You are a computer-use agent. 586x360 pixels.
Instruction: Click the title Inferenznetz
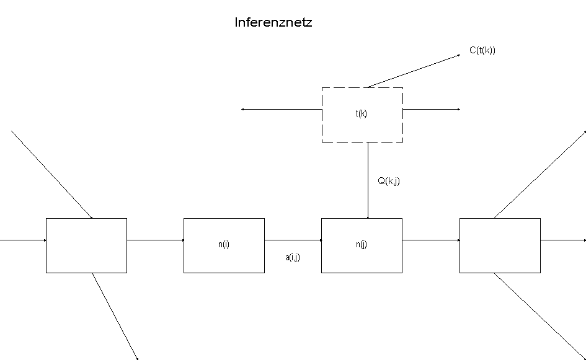(x=273, y=23)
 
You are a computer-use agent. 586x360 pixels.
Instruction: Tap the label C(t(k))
(x=482, y=51)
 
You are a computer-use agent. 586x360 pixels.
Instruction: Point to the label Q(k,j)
(x=389, y=182)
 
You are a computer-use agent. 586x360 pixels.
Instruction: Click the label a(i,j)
(x=293, y=257)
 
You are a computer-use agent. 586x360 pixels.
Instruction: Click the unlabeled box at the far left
(x=86, y=245)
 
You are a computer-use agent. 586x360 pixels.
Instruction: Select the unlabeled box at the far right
(x=500, y=245)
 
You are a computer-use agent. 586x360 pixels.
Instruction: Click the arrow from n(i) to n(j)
(x=293, y=240)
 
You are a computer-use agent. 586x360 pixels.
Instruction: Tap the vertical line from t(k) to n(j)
(x=368, y=180)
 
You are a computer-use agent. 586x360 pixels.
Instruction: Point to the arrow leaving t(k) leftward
(x=282, y=110)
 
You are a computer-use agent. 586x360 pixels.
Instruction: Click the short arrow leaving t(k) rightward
(x=432, y=110)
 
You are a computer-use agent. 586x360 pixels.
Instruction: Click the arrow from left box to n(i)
(x=155, y=240)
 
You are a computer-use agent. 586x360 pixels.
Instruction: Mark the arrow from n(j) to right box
(x=430, y=240)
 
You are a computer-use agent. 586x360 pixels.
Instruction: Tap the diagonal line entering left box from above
(x=51, y=174)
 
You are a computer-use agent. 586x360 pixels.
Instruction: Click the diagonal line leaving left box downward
(x=115, y=316)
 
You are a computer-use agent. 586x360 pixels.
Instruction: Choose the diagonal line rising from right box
(x=539, y=174)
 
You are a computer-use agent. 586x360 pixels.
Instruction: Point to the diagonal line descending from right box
(x=539, y=316)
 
